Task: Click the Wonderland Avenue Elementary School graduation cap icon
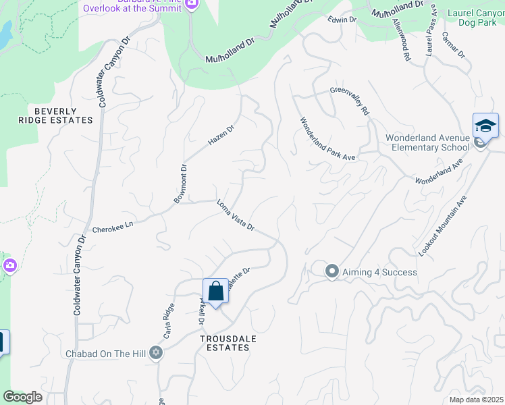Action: click(485, 126)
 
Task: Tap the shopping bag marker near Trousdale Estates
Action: click(215, 292)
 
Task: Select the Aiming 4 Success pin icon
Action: click(331, 271)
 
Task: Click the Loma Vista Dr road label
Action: click(235, 215)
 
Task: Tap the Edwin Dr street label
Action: click(342, 20)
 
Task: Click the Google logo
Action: click(22, 396)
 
